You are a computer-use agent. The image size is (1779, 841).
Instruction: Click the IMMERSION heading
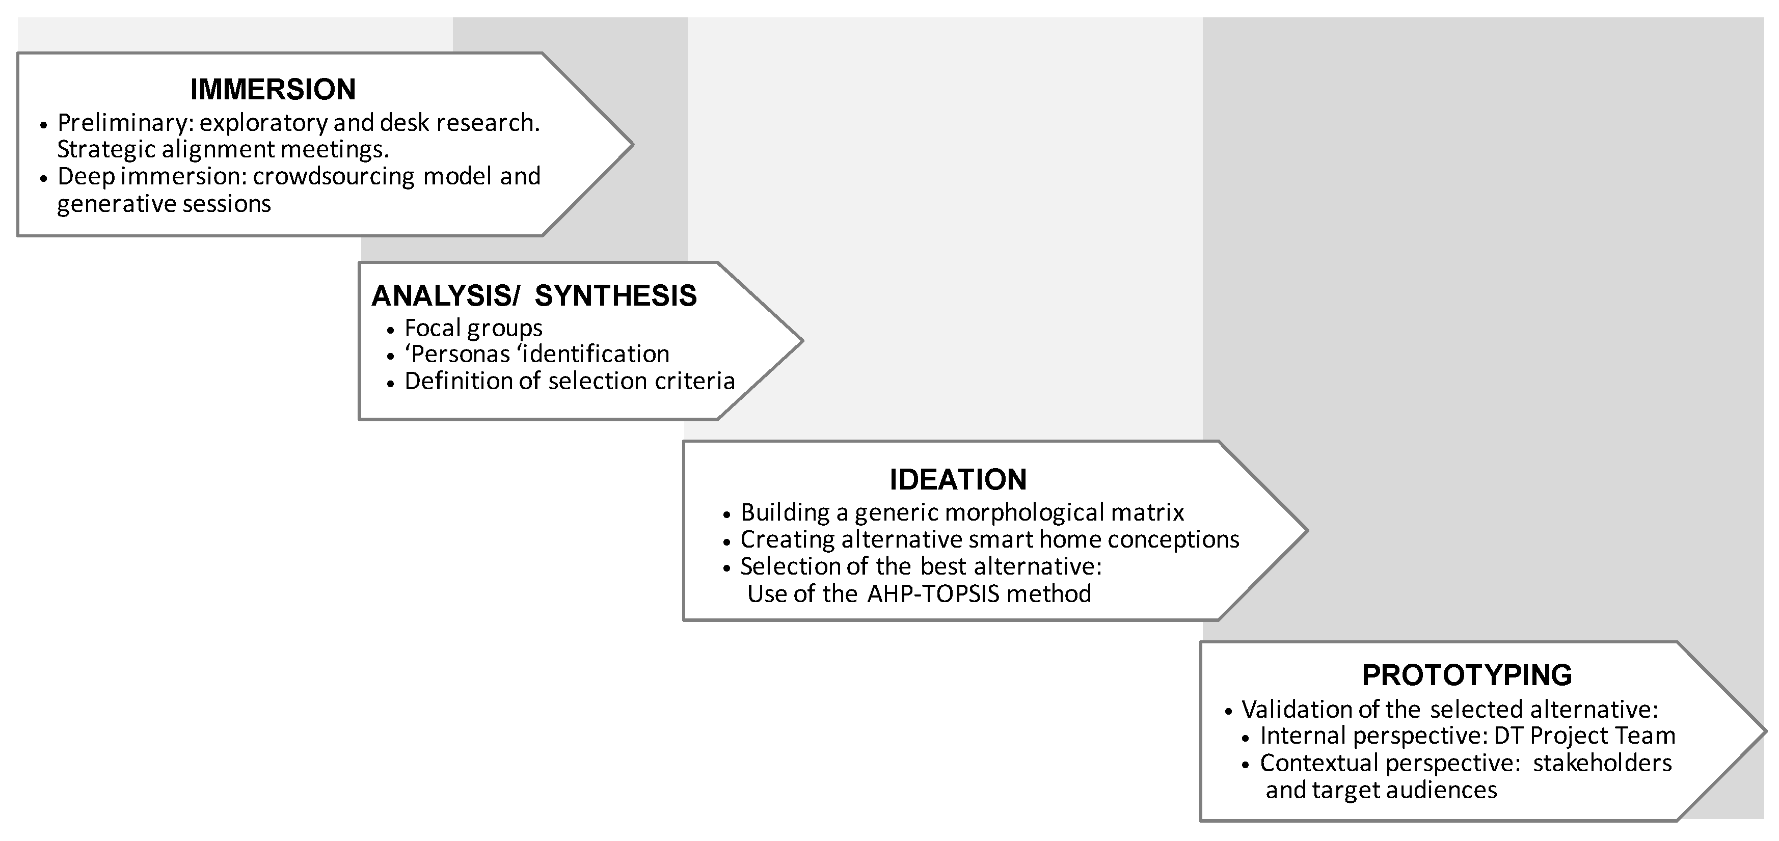[273, 90]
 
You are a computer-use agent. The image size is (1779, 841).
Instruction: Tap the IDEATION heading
[958, 480]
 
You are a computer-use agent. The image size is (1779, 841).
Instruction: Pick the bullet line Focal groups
[473, 328]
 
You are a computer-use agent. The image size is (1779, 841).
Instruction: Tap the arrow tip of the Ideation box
[1305, 530]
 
